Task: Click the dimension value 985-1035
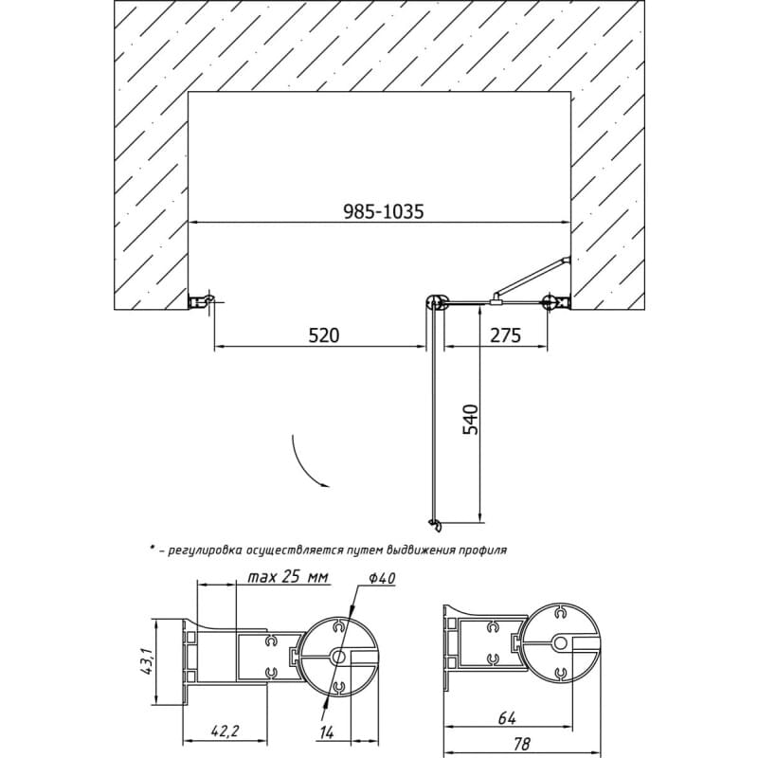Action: (x=384, y=211)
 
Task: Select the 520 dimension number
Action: (x=324, y=335)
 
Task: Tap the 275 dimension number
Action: (x=506, y=335)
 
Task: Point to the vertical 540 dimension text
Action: (x=470, y=420)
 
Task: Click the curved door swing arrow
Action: (x=300, y=464)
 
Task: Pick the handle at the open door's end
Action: (x=435, y=525)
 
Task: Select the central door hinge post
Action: (x=437, y=302)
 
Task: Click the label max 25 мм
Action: (x=288, y=577)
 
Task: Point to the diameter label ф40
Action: (x=383, y=578)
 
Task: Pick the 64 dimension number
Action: (x=507, y=718)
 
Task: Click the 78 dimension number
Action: (x=521, y=744)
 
